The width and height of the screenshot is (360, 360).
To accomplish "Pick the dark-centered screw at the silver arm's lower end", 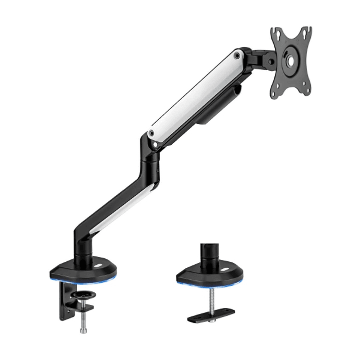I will pyautogui.click(x=151, y=133).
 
